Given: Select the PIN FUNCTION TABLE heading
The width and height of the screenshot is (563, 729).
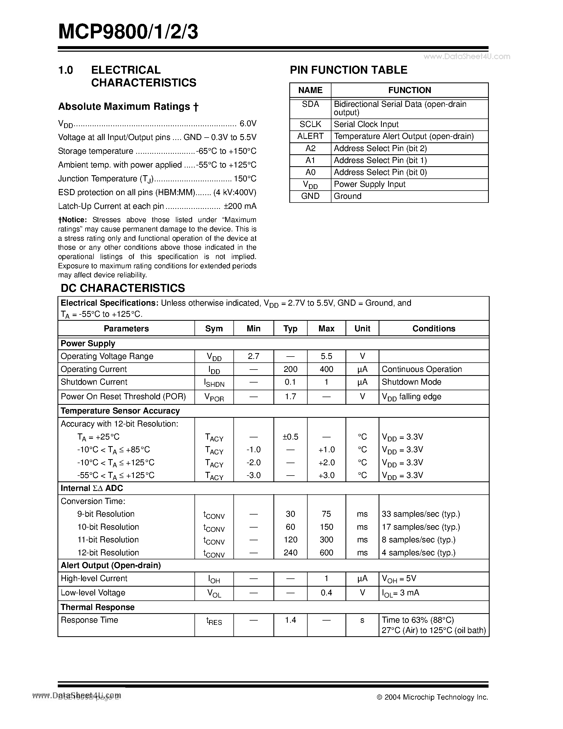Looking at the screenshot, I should point(349,70).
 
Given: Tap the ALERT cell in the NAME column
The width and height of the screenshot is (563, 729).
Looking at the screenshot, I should point(310,136).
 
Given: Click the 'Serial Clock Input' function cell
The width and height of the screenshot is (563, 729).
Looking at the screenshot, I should point(366,124).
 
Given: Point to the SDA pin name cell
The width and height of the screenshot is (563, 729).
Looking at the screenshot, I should point(310,104).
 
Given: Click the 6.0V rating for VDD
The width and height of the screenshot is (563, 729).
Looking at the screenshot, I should point(248,124).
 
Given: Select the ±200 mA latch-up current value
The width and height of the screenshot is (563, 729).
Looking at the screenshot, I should point(240,206).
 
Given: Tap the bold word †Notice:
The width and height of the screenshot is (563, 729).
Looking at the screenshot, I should point(72,220).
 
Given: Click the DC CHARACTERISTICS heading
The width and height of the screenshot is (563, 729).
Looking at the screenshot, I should point(123,288).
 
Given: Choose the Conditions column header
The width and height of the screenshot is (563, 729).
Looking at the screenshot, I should point(434,328).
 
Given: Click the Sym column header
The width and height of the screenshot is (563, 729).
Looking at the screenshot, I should point(214,328).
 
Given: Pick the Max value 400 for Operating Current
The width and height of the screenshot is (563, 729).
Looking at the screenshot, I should point(326,369).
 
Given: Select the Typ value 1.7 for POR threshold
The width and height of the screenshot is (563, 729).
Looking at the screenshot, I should point(290,397).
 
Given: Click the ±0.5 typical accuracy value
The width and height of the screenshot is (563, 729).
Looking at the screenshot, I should point(290,437).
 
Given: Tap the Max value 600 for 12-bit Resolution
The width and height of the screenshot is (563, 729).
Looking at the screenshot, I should point(326,552).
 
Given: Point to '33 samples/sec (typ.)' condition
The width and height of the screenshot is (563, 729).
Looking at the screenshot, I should point(420,514).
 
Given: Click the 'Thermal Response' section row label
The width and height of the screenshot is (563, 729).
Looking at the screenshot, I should point(97,607).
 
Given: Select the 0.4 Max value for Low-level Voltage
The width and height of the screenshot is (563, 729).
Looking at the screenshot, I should point(326,592).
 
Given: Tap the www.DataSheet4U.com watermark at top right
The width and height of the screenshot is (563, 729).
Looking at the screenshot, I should point(467,56).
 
